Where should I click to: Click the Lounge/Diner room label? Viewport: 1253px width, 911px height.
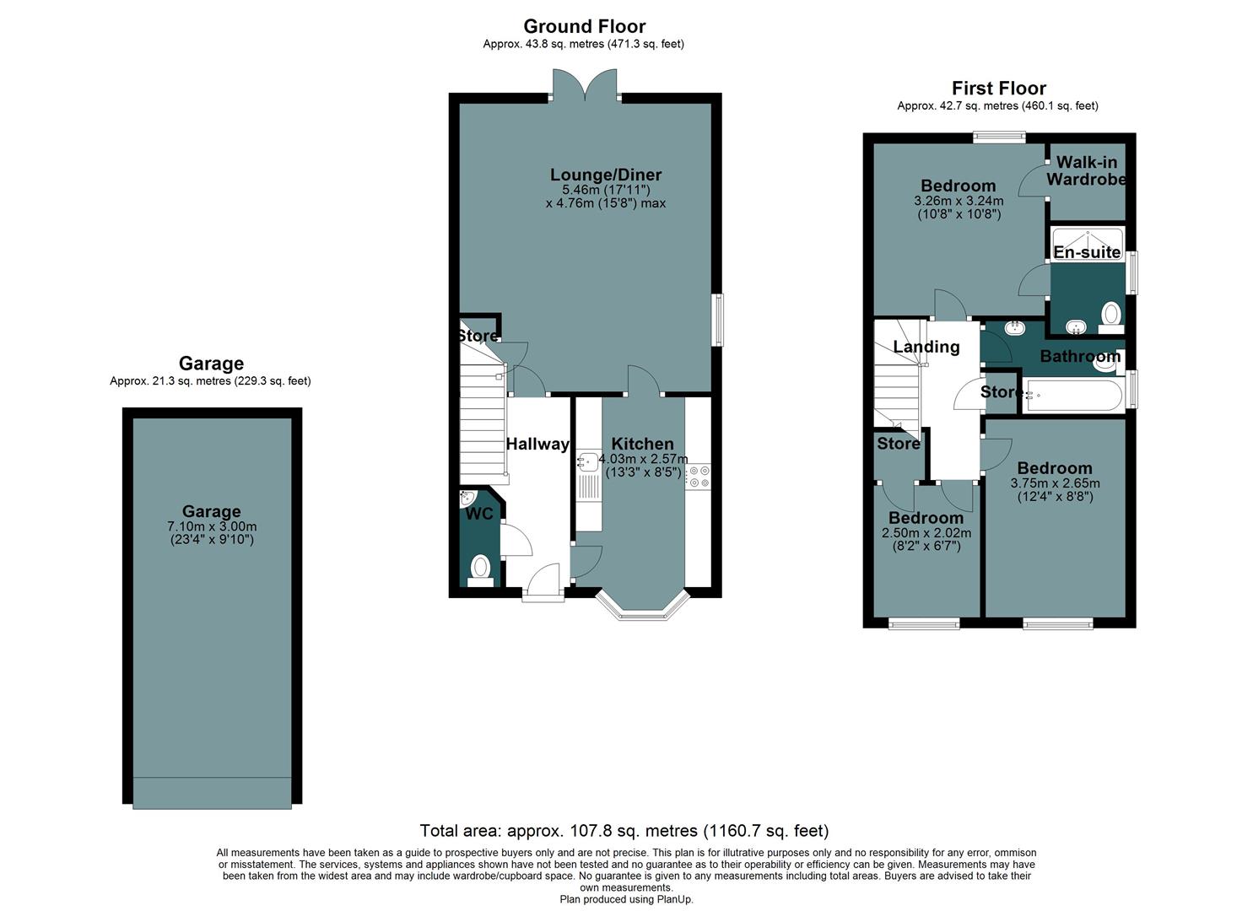[605, 175]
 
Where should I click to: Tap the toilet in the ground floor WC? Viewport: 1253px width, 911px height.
[480, 568]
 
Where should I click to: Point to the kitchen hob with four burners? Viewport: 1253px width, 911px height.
[698, 477]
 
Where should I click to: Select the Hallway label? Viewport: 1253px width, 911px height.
[537, 444]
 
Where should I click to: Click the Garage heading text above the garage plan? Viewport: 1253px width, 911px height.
[211, 364]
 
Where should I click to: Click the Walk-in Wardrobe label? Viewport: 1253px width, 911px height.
[1086, 170]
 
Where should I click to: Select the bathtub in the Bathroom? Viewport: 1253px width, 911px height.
[1073, 395]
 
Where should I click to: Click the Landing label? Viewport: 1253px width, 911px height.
[926, 347]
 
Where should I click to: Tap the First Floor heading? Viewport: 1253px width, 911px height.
[998, 89]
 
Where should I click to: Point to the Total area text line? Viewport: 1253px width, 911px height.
[624, 831]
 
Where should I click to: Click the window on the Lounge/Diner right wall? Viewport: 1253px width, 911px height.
[717, 320]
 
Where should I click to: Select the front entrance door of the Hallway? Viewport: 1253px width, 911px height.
[543, 582]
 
